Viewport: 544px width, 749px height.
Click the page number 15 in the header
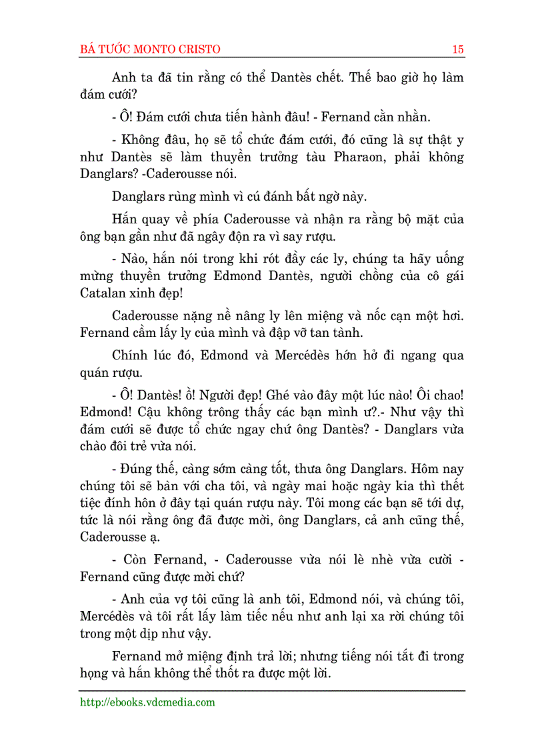(x=458, y=49)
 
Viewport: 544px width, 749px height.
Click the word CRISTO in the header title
(x=197, y=49)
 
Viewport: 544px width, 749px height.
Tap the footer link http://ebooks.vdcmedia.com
(x=147, y=702)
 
